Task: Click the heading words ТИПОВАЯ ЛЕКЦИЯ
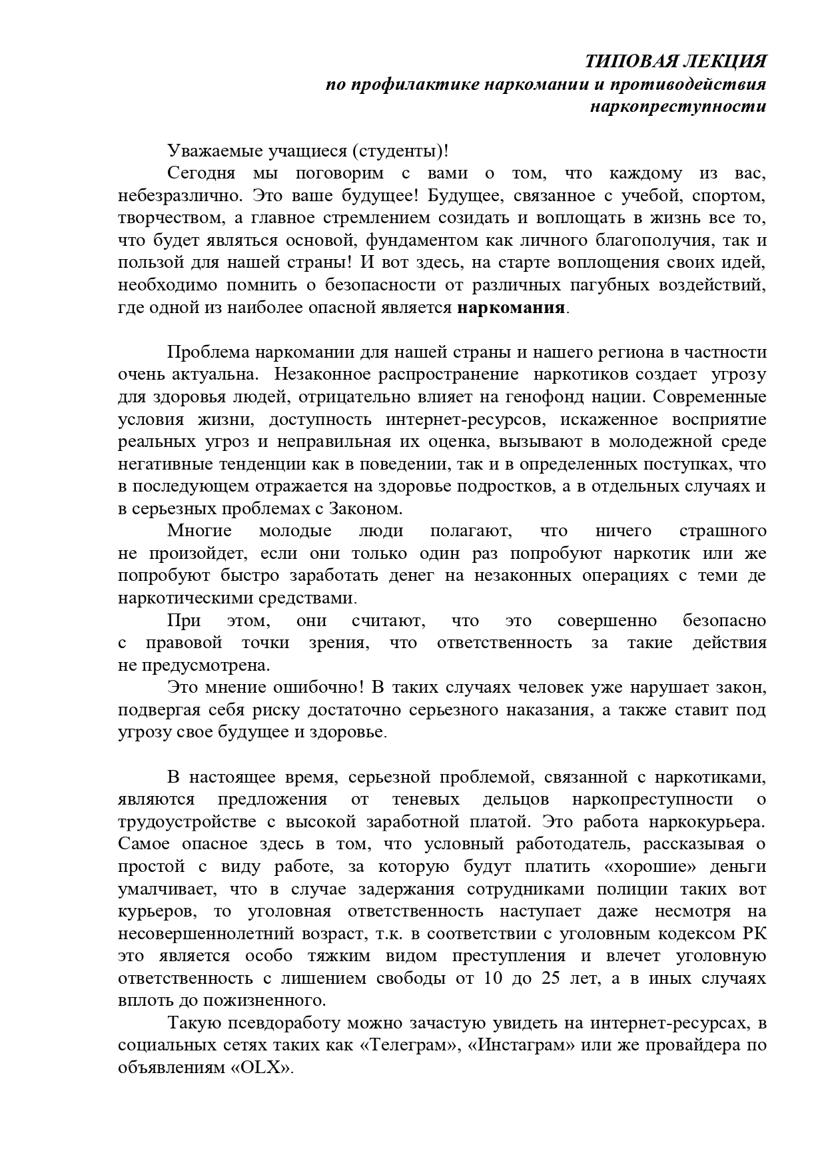pos(675,62)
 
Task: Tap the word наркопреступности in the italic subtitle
pos(678,107)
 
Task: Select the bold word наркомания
pos(511,308)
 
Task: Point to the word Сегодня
pos(201,174)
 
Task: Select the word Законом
pos(366,509)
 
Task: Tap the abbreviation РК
pos(753,934)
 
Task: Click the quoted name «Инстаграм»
pos(522,1045)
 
